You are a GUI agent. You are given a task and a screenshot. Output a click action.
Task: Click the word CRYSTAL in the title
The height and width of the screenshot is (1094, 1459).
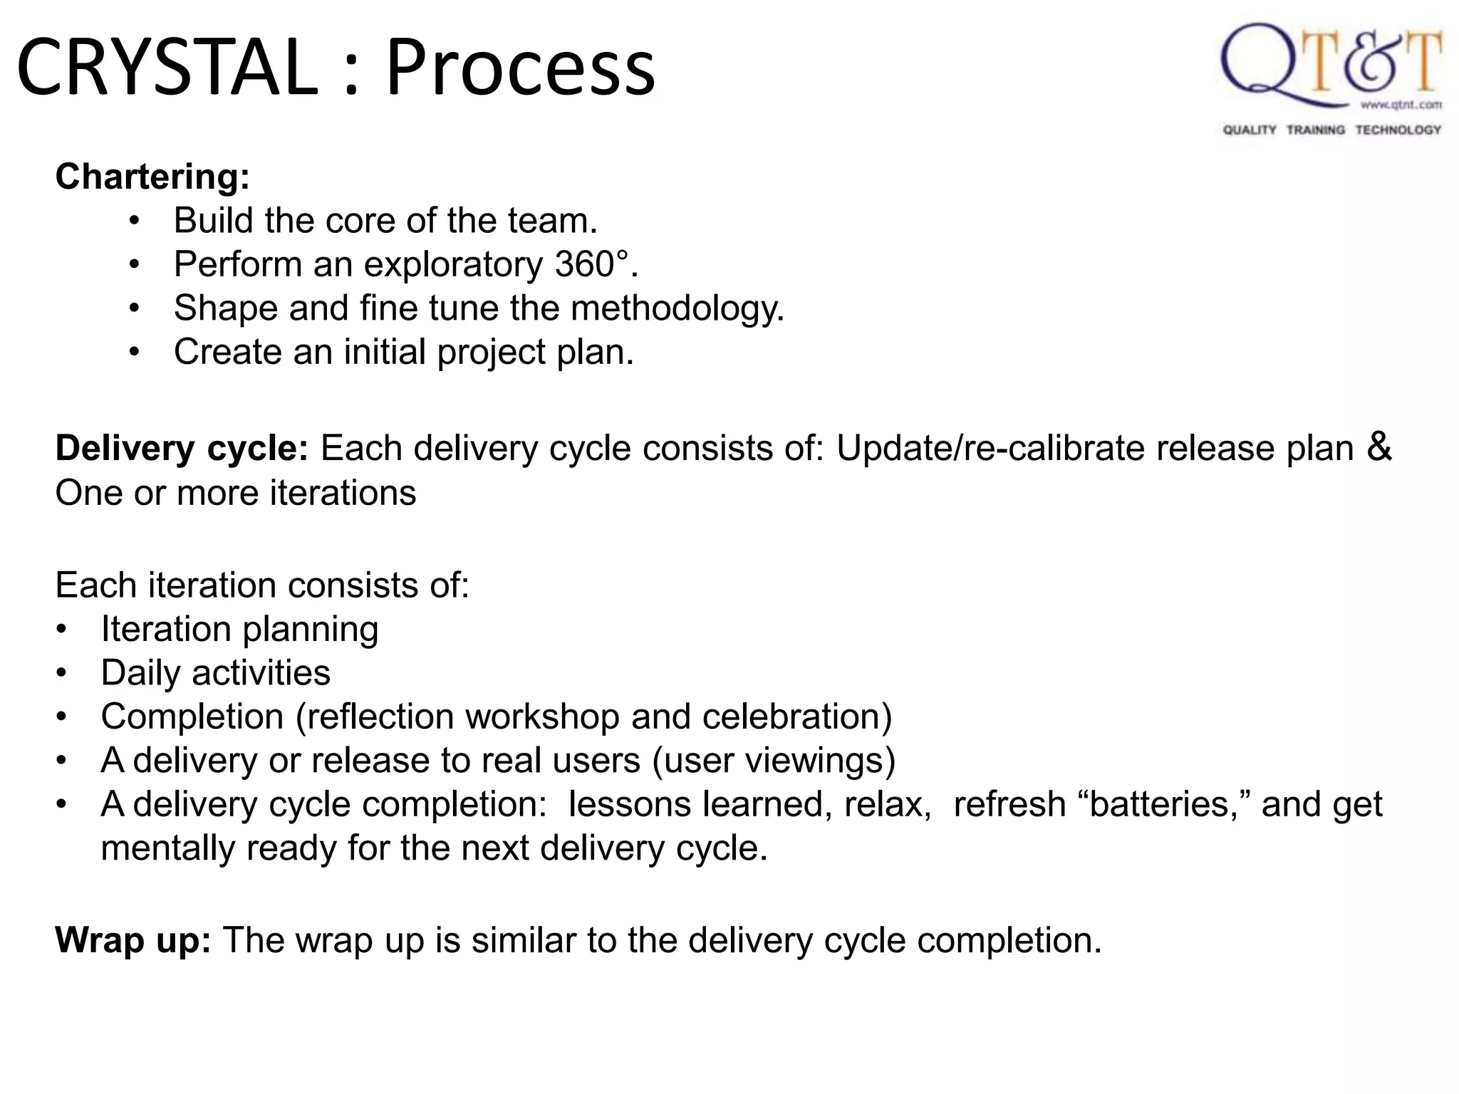coord(167,68)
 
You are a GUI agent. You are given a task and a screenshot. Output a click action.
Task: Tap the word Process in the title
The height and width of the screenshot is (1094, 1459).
coord(520,68)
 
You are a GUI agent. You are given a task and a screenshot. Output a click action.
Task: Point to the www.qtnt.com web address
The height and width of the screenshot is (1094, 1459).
coord(1401,105)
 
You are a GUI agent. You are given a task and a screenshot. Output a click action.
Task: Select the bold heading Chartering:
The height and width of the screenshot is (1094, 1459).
coord(152,177)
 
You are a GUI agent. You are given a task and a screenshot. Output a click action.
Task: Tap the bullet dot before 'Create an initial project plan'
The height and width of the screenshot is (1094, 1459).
coord(135,353)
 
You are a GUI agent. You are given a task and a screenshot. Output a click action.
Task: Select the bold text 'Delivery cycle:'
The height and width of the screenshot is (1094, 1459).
coord(182,449)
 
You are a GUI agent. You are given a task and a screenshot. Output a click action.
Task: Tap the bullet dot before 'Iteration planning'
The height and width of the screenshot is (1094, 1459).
coord(62,630)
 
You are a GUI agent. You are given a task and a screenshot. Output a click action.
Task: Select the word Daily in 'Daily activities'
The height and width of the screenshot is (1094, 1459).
coord(140,673)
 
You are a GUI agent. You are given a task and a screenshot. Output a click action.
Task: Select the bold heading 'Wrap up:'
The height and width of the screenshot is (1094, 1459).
coord(133,940)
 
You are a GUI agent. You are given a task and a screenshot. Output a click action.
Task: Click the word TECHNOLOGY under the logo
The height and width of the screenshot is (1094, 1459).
coord(1398,130)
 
